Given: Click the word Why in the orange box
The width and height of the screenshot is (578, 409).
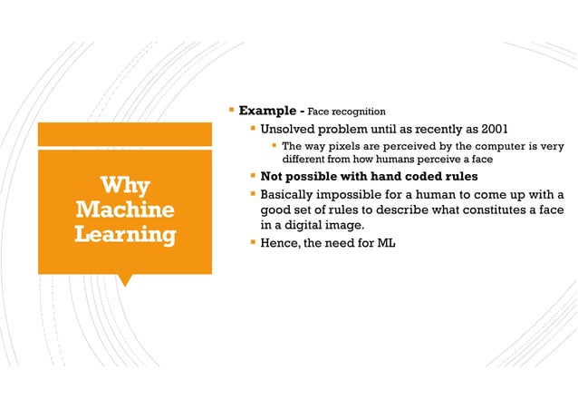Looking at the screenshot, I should [x=125, y=186].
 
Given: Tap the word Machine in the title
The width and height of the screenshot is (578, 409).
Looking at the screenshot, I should [x=125, y=210].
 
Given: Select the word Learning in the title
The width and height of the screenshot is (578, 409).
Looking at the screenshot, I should [x=125, y=235].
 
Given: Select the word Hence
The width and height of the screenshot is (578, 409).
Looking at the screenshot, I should [x=279, y=243].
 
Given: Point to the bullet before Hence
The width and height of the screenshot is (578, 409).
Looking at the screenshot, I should [x=253, y=243].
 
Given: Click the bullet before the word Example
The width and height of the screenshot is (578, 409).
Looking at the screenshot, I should [x=232, y=111].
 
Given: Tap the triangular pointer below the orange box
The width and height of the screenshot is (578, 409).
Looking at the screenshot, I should [x=125, y=280].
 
